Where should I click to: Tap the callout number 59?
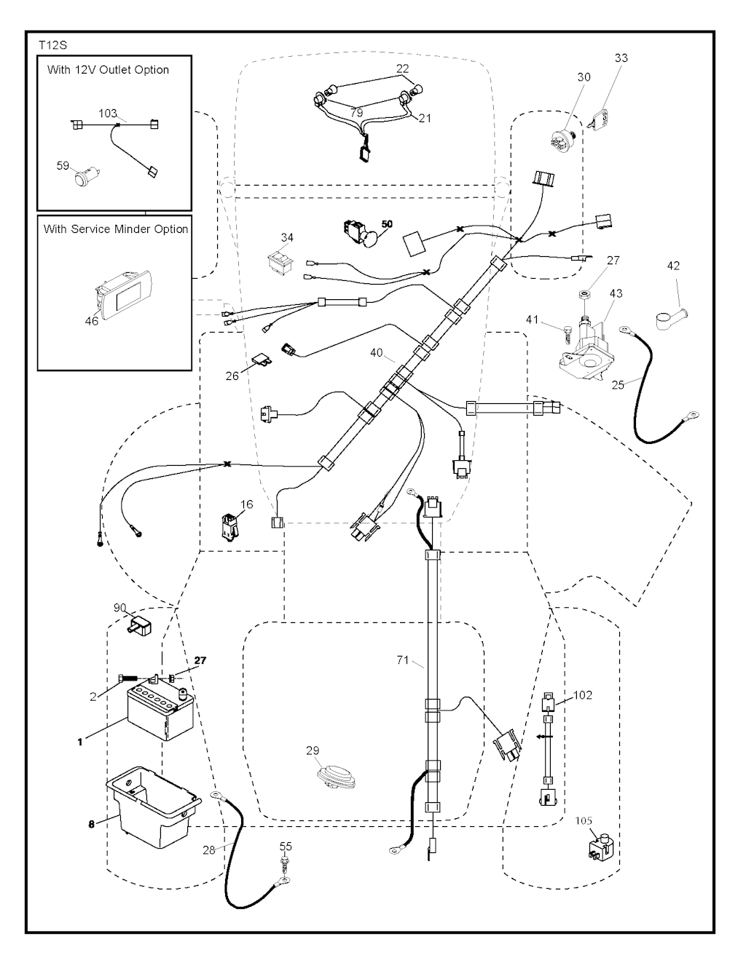[63, 166]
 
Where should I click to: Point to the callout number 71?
[402, 660]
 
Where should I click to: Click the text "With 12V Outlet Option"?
[108, 71]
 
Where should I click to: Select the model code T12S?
[52, 45]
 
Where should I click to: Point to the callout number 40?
[376, 353]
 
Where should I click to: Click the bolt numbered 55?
[286, 864]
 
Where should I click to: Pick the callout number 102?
[583, 695]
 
